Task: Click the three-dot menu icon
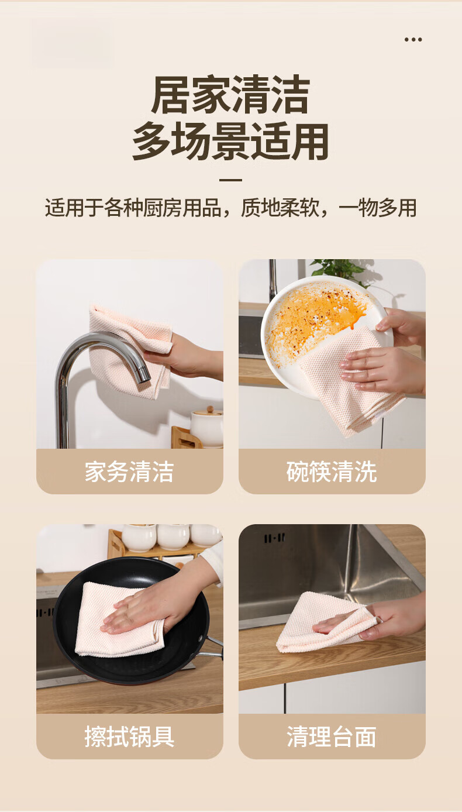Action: click(413, 40)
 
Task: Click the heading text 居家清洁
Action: click(231, 95)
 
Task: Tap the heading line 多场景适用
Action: click(230, 141)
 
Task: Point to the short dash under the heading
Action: click(231, 180)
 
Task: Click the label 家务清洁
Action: click(129, 472)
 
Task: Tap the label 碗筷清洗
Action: click(332, 472)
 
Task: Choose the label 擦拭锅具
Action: click(129, 736)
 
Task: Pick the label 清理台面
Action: click(332, 736)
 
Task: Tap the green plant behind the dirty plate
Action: click(339, 270)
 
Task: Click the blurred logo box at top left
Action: click(72, 43)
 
